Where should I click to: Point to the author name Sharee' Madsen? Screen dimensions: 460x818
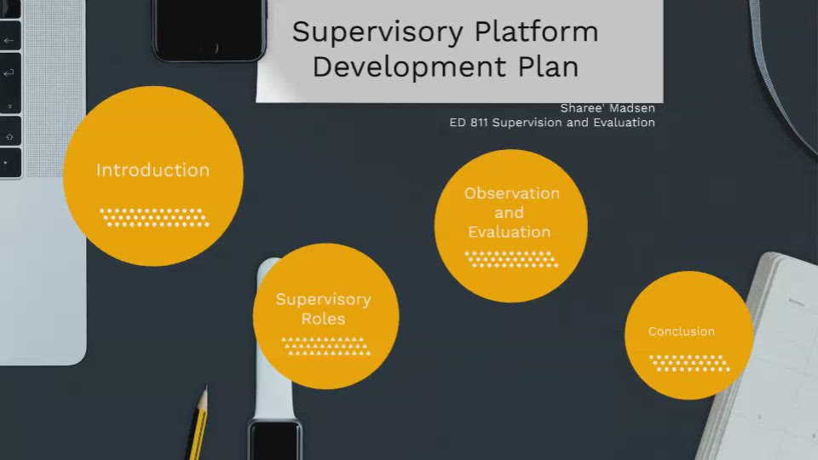(x=607, y=108)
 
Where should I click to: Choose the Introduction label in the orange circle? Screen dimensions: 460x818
(x=153, y=170)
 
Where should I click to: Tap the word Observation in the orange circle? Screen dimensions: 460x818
(x=511, y=193)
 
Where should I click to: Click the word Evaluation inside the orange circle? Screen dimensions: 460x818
(x=510, y=232)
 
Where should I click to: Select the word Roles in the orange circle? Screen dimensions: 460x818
(x=323, y=319)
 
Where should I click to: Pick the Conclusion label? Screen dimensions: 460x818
(x=681, y=331)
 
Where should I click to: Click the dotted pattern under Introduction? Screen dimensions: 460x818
(x=154, y=217)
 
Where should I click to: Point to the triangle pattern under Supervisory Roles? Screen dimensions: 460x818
(x=325, y=346)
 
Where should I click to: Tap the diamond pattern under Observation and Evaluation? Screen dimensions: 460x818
(x=510, y=259)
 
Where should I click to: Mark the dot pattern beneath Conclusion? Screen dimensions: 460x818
(x=689, y=363)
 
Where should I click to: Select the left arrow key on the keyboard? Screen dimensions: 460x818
(x=9, y=40)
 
